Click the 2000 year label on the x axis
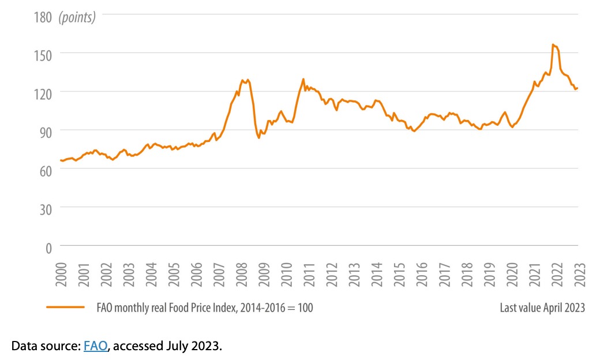point(61,275)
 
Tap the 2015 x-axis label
point(399,275)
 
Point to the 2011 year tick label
point(309,275)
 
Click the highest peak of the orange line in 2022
point(553,44)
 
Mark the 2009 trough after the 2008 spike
point(259,138)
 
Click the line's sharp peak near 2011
point(303,79)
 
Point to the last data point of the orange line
point(577,88)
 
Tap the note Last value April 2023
point(542,307)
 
